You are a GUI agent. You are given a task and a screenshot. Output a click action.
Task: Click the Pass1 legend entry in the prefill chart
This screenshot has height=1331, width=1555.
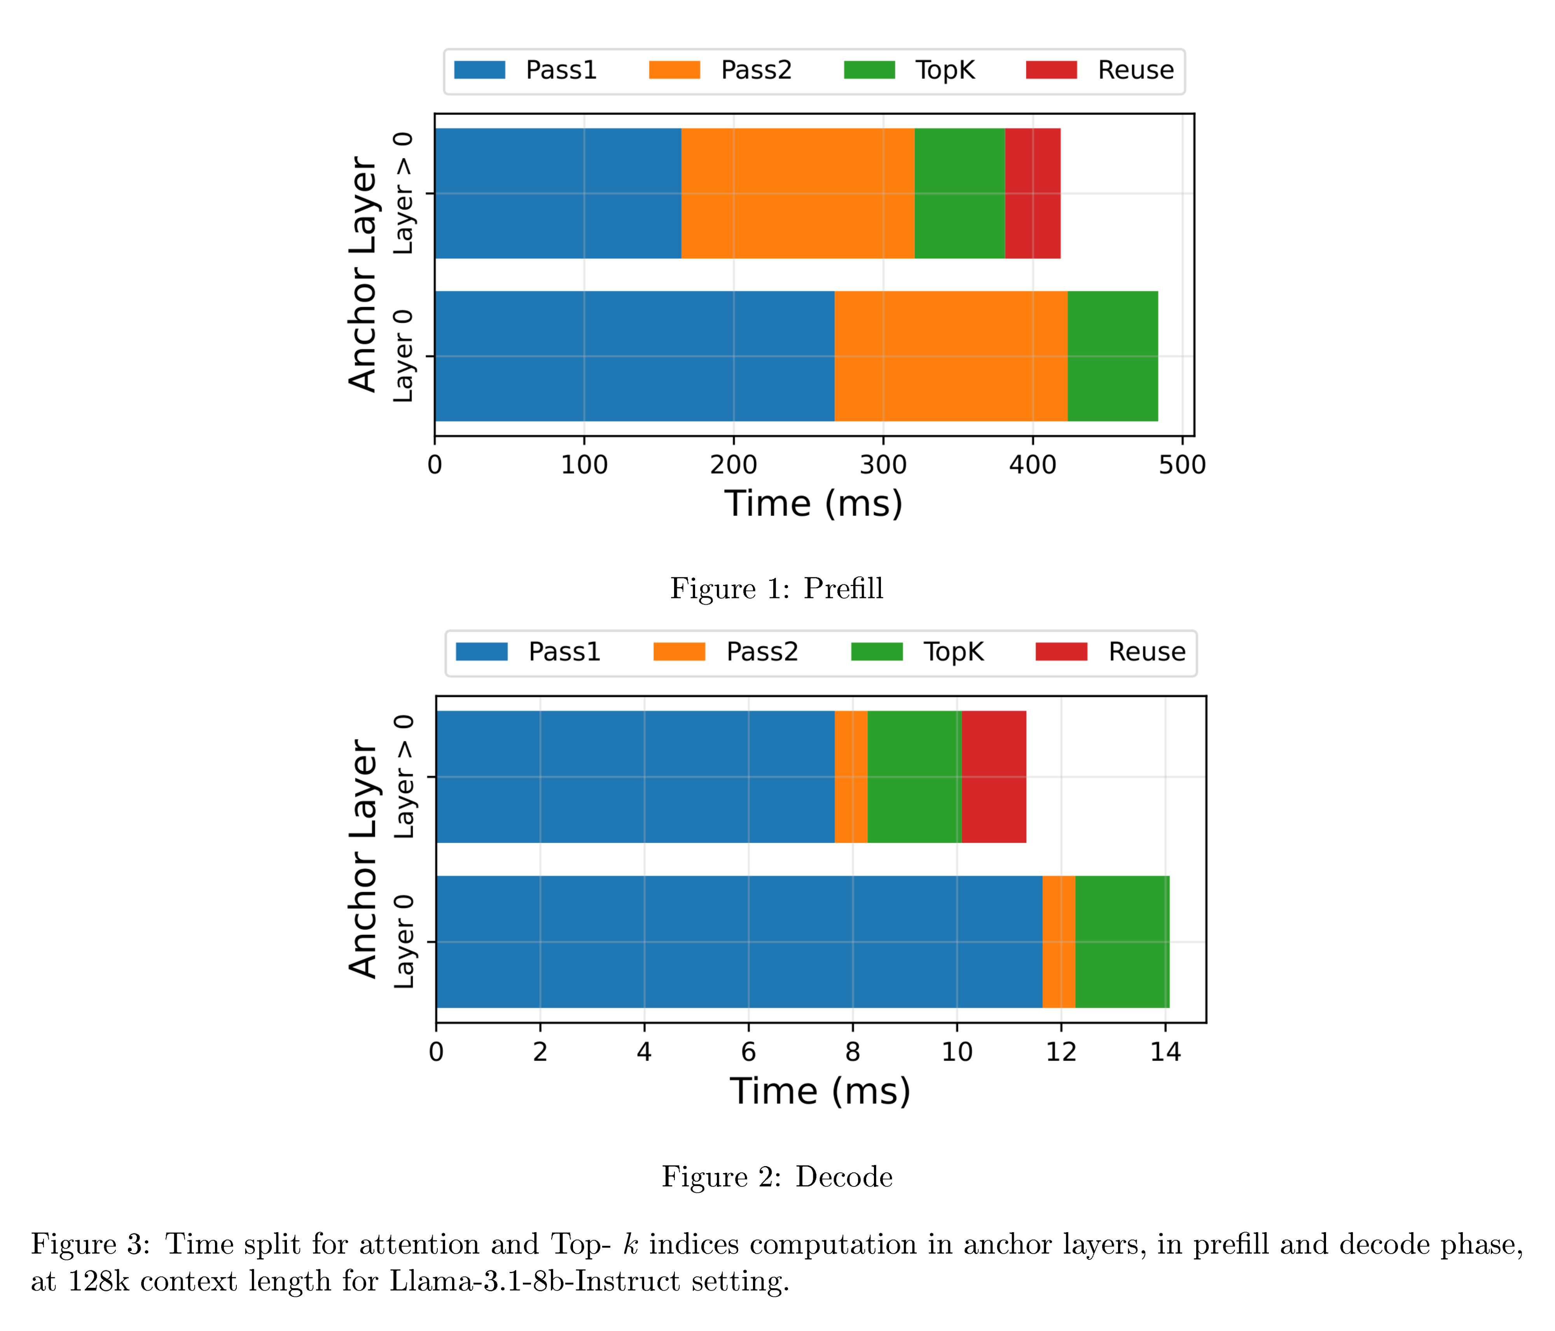coord(525,70)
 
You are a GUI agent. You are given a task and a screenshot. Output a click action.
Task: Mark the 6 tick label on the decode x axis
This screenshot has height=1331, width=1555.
coord(748,1052)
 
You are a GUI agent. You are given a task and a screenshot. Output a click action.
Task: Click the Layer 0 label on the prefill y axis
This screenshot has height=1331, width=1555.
coord(403,356)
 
